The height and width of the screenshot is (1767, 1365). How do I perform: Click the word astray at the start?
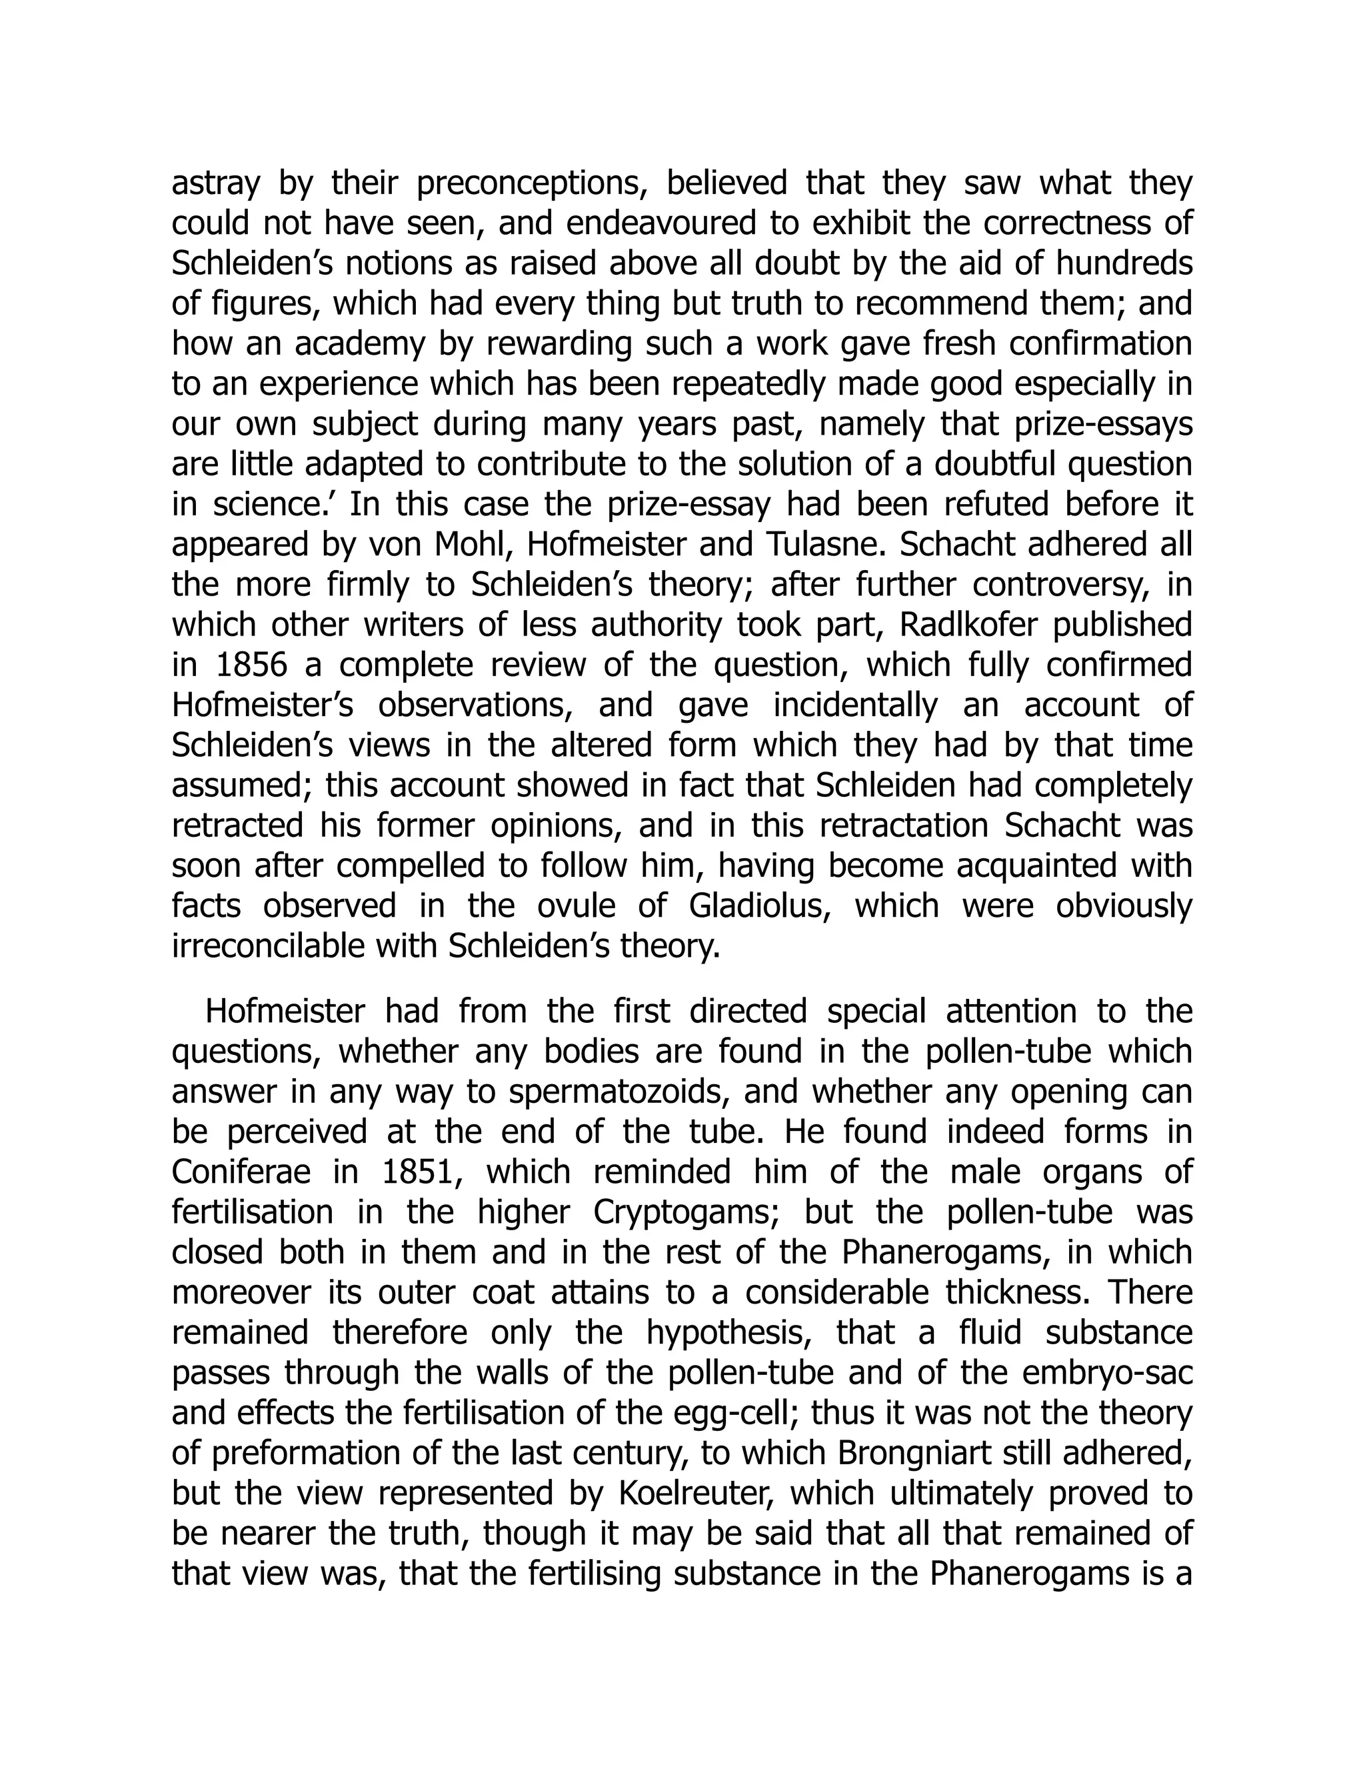(215, 185)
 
